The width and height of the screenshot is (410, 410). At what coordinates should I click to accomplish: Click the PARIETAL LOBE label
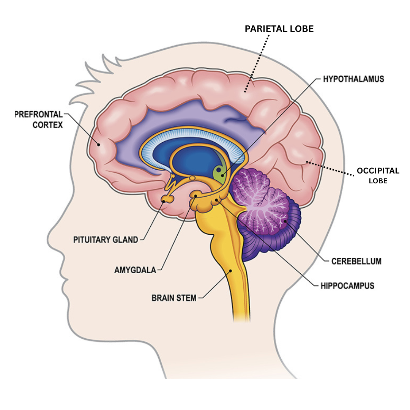tap(279, 29)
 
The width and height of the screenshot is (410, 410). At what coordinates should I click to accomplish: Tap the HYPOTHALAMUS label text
tap(353, 79)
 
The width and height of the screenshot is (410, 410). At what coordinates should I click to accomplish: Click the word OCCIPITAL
tap(378, 171)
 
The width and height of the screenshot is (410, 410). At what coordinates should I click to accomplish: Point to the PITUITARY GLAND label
tap(106, 240)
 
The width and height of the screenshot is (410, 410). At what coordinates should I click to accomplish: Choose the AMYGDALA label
tap(135, 270)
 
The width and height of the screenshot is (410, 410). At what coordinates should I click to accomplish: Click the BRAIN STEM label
tap(174, 298)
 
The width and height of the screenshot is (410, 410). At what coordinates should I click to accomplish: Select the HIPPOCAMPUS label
tap(347, 285)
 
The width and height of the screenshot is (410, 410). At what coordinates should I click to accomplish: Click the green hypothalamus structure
tap(220, 172)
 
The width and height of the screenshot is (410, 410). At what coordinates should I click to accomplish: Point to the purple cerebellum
tap(266, 213)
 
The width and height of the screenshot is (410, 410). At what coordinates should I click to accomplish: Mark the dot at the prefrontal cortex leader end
tap(99, 144)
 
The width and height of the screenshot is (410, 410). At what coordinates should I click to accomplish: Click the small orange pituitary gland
tap(167, 198)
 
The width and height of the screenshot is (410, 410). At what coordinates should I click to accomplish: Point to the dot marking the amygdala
tap(196, 196)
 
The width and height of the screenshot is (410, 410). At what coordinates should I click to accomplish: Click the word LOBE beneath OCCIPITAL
tap(378, 181)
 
